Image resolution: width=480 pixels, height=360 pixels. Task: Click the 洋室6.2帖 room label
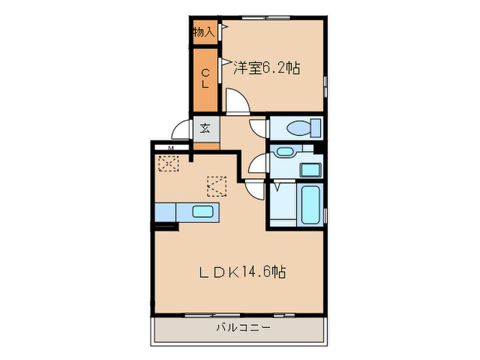[267, 68]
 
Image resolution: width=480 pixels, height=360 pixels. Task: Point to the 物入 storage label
[204, 32]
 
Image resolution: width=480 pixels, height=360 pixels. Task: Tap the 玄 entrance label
[205, 128]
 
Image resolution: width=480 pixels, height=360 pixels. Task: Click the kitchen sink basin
[202, 211]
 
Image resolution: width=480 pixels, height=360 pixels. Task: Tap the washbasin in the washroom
[283, 152]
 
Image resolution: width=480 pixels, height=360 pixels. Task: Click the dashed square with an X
[168, 164]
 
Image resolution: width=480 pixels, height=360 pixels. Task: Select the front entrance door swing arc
[181, 130]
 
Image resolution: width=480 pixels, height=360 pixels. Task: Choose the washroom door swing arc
[258, 164]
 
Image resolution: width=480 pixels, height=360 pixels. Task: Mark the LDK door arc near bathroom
[254, 190]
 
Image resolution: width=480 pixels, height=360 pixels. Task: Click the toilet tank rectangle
[315, 128]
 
